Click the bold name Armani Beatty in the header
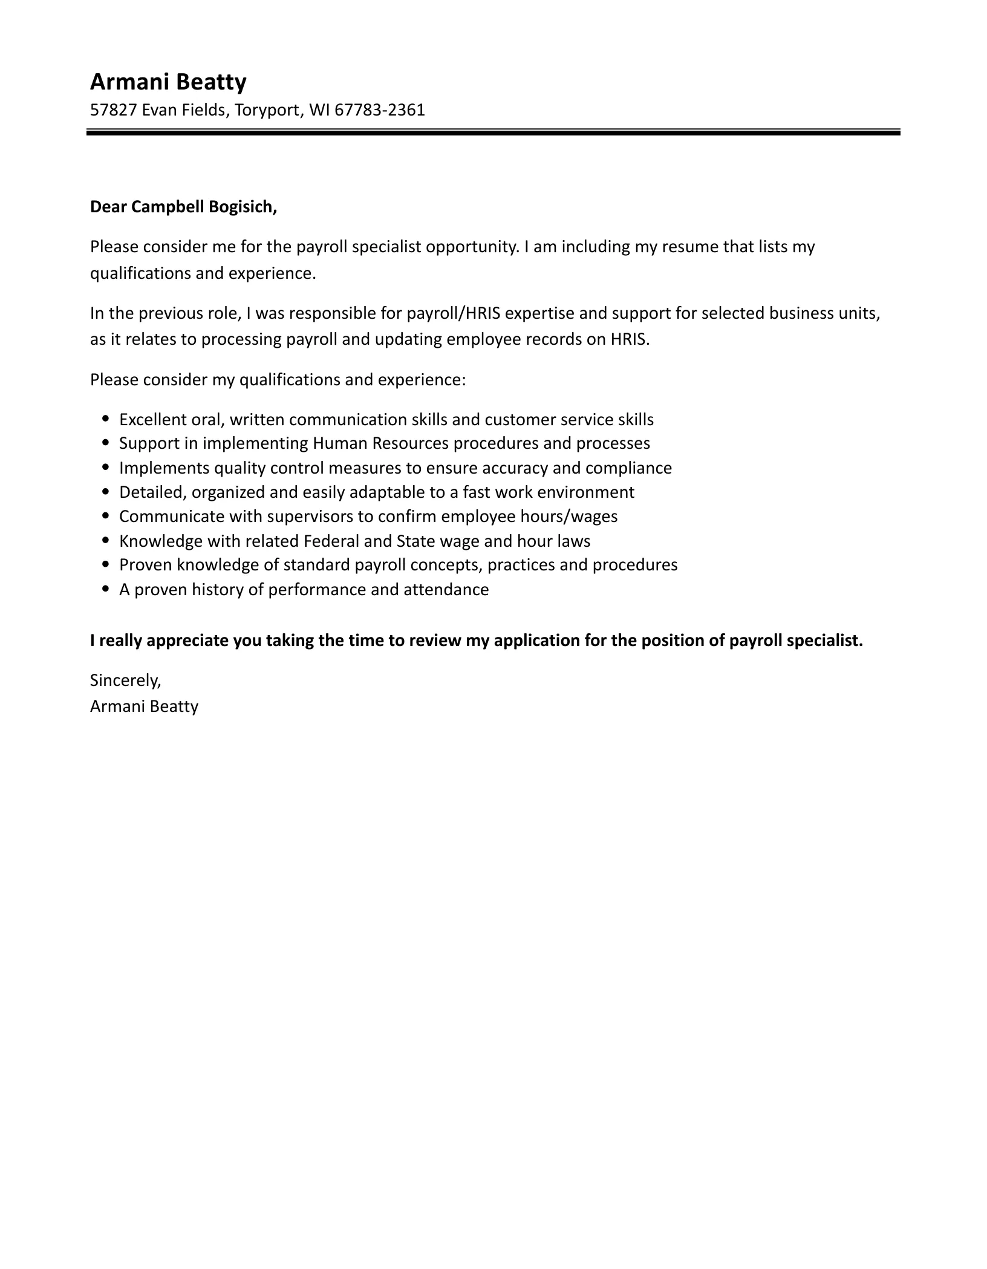click(x=168, y=82)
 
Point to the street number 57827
click(x=113, y=110)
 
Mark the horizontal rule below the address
click(x=493, y=132)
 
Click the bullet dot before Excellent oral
click(x=106, y=418)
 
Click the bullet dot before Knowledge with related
click(x=106, y=540)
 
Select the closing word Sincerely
click(x=125, y=680)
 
